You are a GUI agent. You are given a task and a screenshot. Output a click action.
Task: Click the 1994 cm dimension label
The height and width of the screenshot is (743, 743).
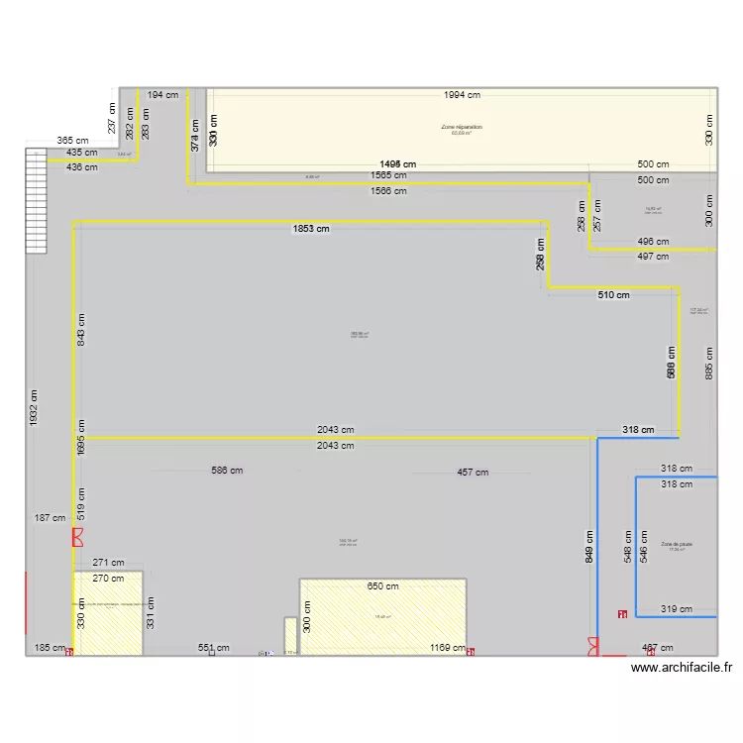point(462,95)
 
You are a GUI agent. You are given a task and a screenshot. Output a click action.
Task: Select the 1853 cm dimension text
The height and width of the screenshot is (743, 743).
point(310,229)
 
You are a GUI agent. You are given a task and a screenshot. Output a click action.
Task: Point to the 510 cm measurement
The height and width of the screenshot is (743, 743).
point(613,295)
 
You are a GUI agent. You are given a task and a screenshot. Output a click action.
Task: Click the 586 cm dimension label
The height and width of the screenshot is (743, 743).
point(227,471)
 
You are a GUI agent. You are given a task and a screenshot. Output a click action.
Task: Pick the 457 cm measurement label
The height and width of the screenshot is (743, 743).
point(472,473)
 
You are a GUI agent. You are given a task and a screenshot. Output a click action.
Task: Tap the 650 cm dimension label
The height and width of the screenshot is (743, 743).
point(382,586)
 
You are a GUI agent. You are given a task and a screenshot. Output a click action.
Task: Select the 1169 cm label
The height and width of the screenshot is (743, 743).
point(448,648)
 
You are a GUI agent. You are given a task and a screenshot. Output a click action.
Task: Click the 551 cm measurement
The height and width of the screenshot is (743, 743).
point(213,648)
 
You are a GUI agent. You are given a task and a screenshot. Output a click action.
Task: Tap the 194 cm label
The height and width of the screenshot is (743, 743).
point(162,95)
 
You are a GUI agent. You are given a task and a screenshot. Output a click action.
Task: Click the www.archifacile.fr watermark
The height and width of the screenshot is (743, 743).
point(681,668)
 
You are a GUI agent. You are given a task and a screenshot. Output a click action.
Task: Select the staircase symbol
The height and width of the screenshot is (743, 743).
point(36,201)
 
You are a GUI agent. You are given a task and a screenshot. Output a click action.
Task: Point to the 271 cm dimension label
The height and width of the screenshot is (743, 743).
point(108,563)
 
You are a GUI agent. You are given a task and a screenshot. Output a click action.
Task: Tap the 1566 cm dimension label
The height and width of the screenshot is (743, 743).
point(387,191)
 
